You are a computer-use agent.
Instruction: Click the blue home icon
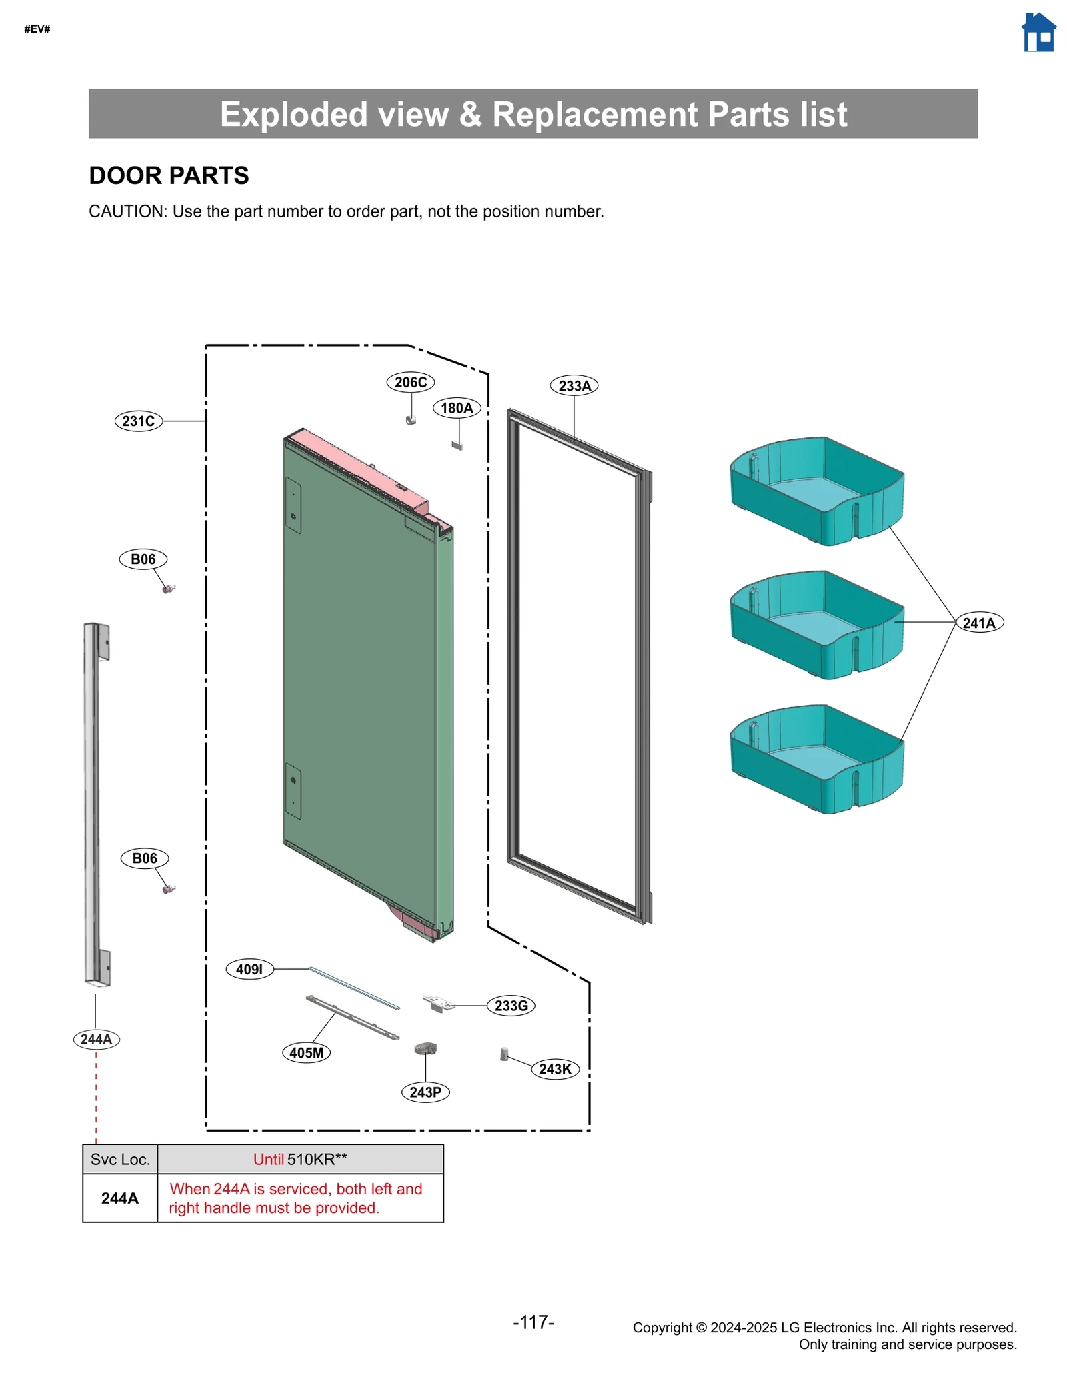1038,33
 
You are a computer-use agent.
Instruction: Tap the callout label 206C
410,382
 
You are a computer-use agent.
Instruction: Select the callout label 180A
457,408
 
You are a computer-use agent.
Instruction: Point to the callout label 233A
574,385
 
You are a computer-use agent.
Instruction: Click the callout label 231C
139,421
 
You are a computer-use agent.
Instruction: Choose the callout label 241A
979,623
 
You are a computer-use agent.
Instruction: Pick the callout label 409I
250,969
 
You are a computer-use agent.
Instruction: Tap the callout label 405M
307,1052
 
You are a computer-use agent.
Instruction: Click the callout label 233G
511,1006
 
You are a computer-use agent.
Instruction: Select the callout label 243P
425,1092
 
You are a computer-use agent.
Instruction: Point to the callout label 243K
555,1069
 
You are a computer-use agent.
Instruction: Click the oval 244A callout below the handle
97,1039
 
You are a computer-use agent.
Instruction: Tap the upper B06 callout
143,559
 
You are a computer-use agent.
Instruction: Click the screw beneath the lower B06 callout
169,889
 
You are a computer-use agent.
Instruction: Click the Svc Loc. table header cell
120,1160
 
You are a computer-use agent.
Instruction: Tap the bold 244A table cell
120,1198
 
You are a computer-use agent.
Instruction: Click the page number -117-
533,1322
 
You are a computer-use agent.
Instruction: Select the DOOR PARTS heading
169,176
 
